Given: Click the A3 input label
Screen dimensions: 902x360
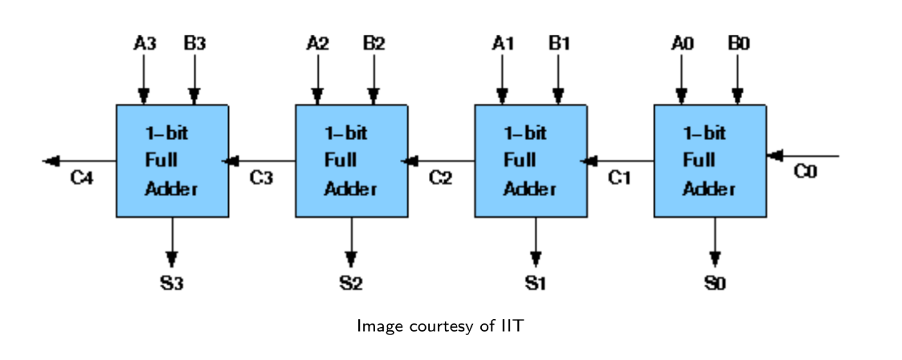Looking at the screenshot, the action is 145,43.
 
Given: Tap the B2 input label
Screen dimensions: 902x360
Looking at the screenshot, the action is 374,43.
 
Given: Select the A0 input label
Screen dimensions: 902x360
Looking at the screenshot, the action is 682,43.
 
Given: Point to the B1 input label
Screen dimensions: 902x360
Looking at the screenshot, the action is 558,43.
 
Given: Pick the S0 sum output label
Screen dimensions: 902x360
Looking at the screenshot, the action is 715,283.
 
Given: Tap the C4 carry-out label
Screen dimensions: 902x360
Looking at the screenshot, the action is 82,178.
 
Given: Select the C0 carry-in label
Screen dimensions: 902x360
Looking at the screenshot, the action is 806,171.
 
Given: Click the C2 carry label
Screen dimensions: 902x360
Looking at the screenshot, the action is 441,178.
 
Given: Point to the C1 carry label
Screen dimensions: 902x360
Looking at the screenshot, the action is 620,178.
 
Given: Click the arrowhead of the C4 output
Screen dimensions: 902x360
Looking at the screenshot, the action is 51,161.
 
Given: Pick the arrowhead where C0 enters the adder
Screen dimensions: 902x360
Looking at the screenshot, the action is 774,155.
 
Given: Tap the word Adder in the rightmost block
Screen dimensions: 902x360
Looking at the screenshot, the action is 708,188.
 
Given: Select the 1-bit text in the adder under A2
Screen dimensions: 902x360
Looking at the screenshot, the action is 345,133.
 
